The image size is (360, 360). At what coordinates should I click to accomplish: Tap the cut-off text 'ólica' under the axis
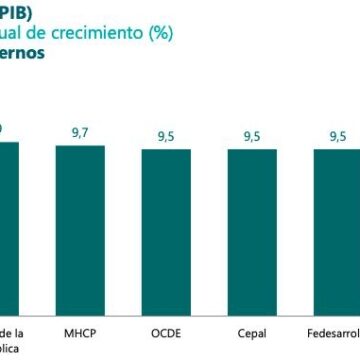pos(13,349)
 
